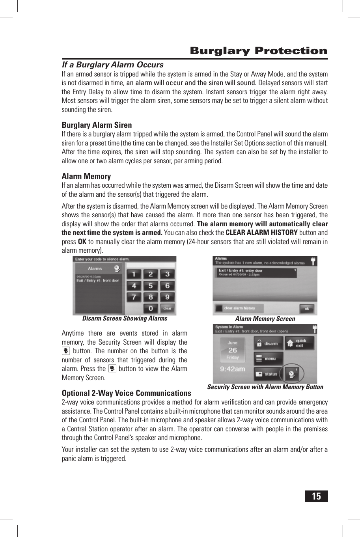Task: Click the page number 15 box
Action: point(316,496)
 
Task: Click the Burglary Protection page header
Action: point(258,51)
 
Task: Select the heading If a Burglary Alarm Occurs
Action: point(112,65)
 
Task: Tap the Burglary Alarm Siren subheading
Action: point(97,125)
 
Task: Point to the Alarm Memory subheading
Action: point(86,176)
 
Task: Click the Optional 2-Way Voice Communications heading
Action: point(126,393)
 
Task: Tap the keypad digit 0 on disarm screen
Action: point(151,308)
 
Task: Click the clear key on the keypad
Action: point(167,308)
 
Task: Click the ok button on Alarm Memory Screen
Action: point(307,309)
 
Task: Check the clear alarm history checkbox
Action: point(219,308)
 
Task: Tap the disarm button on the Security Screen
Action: point(268,343)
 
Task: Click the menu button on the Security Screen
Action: point(268,359)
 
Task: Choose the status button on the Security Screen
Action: point(268,374)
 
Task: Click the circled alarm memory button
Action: point(292,373)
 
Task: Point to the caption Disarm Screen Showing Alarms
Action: point(125,319)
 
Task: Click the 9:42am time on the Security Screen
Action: point(232,369)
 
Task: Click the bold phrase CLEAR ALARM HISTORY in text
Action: point(261,233)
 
